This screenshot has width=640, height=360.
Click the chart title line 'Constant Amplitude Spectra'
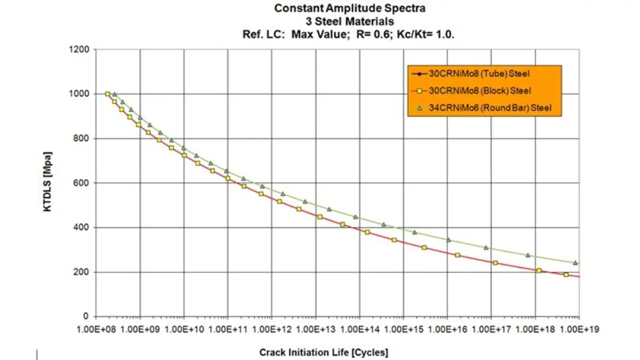(349, 8)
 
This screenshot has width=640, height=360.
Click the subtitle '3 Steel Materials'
(349, 20)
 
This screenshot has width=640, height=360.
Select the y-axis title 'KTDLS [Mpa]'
(48, 182)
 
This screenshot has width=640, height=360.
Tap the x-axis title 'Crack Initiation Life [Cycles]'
(324, 352)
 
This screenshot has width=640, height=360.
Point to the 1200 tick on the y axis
(80, 49)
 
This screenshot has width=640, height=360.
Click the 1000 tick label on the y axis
(80, 94)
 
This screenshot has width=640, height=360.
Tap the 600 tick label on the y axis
(82, 183)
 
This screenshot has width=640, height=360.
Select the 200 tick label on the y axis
(82, 272)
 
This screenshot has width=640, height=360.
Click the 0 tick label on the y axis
(86, 317)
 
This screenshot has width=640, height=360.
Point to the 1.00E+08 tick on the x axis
(96, 329)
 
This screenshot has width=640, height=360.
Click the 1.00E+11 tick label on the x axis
(228, 329)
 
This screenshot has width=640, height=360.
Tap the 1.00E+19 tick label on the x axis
(579, 329)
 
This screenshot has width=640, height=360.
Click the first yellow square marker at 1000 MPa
(108, 94)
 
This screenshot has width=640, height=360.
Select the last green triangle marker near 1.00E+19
(575, 263)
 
